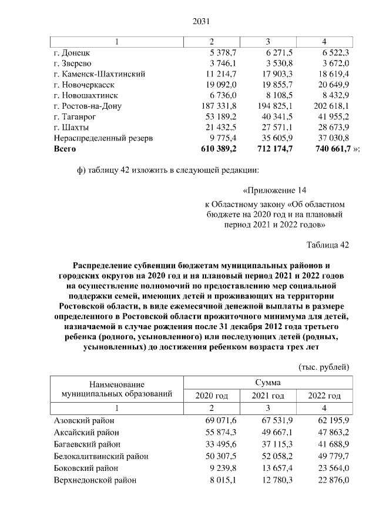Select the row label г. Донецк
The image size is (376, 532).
[x=71, y=53]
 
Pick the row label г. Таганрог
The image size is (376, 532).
[x=74, y=116]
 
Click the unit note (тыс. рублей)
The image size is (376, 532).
[x=324, y=367]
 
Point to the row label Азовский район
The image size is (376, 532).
[x=83, y=421]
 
